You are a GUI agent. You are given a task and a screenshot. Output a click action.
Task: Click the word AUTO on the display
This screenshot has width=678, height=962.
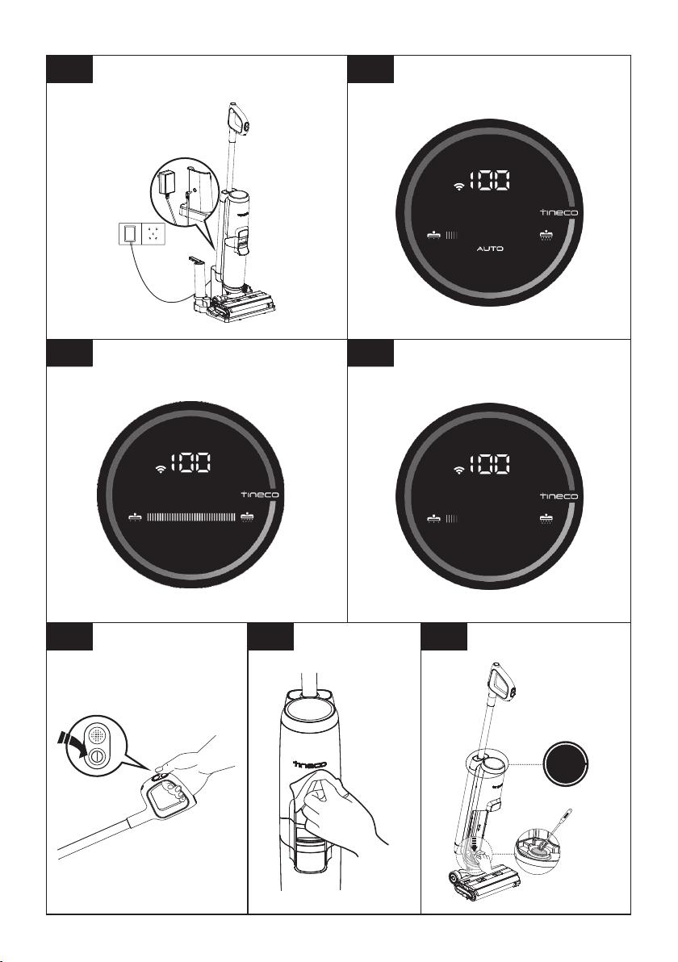click(x=490, y=249)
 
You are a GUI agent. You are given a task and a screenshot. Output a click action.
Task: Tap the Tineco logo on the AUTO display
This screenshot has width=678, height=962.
click(x=559, y=212)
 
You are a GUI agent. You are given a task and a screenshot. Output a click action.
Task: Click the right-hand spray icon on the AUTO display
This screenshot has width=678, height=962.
click(x=546, y=235)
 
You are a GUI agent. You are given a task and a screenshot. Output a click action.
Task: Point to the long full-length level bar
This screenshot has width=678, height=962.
click(x=191, y=517)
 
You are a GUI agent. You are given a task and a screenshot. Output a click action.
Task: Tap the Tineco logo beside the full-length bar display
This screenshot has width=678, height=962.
click(x=260, y=495)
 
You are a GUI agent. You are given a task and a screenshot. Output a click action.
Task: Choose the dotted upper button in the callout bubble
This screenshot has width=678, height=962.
click(x=96, y=734)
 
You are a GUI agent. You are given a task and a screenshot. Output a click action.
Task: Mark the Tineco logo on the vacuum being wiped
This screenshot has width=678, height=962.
click(x=310, y=763)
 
